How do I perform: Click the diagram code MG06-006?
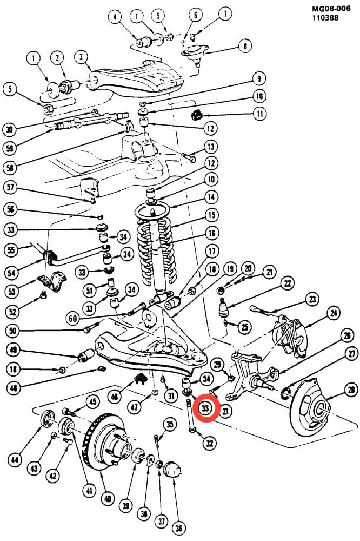(331, 8)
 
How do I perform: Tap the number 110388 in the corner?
(325, 18)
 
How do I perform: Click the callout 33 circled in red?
(205, 408)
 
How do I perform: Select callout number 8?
(245, 46)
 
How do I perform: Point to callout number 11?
(259, 113)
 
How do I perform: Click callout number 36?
(178, 527)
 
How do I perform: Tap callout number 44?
(15, 460)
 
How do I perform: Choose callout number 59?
(10, 148)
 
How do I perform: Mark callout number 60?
(73, 318)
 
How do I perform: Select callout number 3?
(82, 57)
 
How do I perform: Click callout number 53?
(12, 291)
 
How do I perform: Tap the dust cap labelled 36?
(172, 470)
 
